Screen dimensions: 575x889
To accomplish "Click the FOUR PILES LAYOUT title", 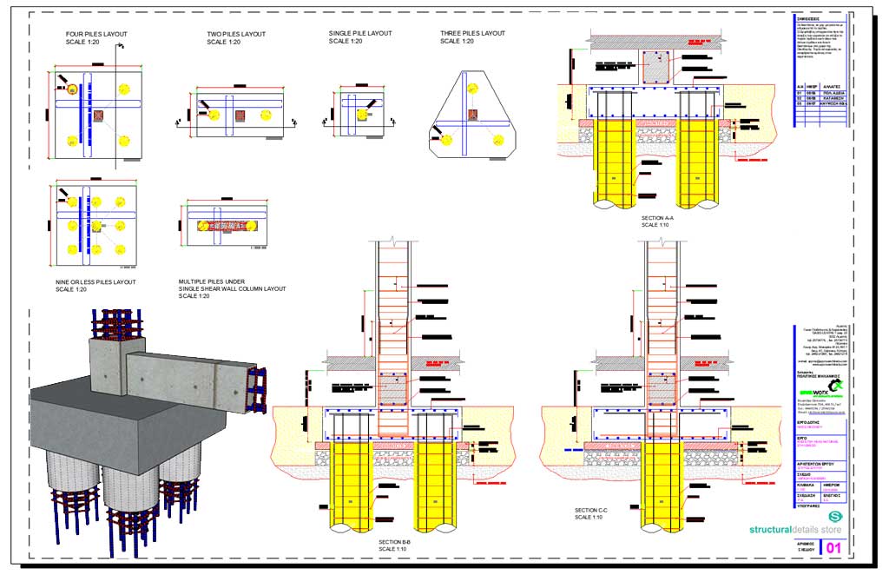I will pos(96,34).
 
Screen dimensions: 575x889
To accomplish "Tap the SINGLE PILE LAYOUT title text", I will pos(359,33).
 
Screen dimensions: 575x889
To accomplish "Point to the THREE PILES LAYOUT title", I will pos(472,33).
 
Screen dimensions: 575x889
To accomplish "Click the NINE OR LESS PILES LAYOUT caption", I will pos(95,281).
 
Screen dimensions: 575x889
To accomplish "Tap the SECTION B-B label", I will pos(399,542).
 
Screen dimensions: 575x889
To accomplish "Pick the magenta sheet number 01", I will pos(833,548).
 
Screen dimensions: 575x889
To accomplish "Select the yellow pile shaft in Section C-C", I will pos(660,491).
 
